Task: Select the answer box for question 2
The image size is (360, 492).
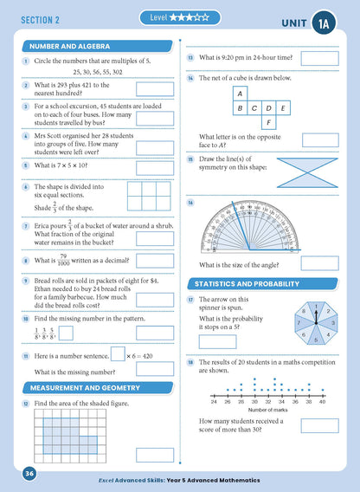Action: [x=155, y=89]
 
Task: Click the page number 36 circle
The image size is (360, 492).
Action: [x=29, y=473]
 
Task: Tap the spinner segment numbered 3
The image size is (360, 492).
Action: [x=332, y=323]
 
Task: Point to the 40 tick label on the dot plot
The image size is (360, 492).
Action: [x=322, y=402]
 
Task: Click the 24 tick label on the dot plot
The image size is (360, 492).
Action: [x=214, y=402]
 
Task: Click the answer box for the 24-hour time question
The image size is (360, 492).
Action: [x=319, y=58]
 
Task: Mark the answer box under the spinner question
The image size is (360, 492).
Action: [x=217, y=341]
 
